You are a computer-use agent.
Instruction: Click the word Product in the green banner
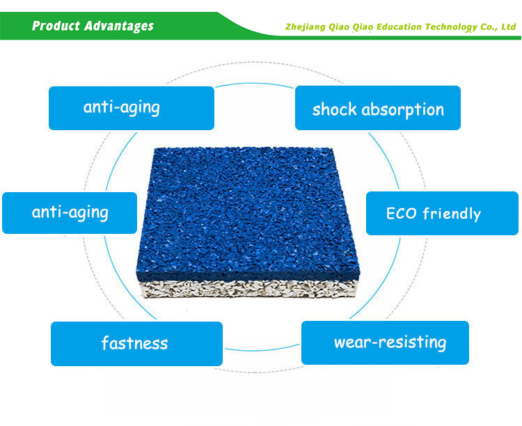(x=56, y=26)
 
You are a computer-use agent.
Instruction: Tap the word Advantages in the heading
(x=119, y=26)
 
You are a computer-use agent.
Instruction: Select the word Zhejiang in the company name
(x=306, y=27)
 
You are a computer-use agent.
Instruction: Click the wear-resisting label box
(x=385, y=342)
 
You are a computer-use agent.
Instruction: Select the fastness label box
(x=136, y=344)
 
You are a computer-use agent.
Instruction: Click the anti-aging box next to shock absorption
(x=132, y=109)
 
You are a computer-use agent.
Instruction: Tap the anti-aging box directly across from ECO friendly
(x=70, y=213)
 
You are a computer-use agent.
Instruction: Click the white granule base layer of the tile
(x=248, y=289)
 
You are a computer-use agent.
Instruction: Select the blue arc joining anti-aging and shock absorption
(x=255, y=84)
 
